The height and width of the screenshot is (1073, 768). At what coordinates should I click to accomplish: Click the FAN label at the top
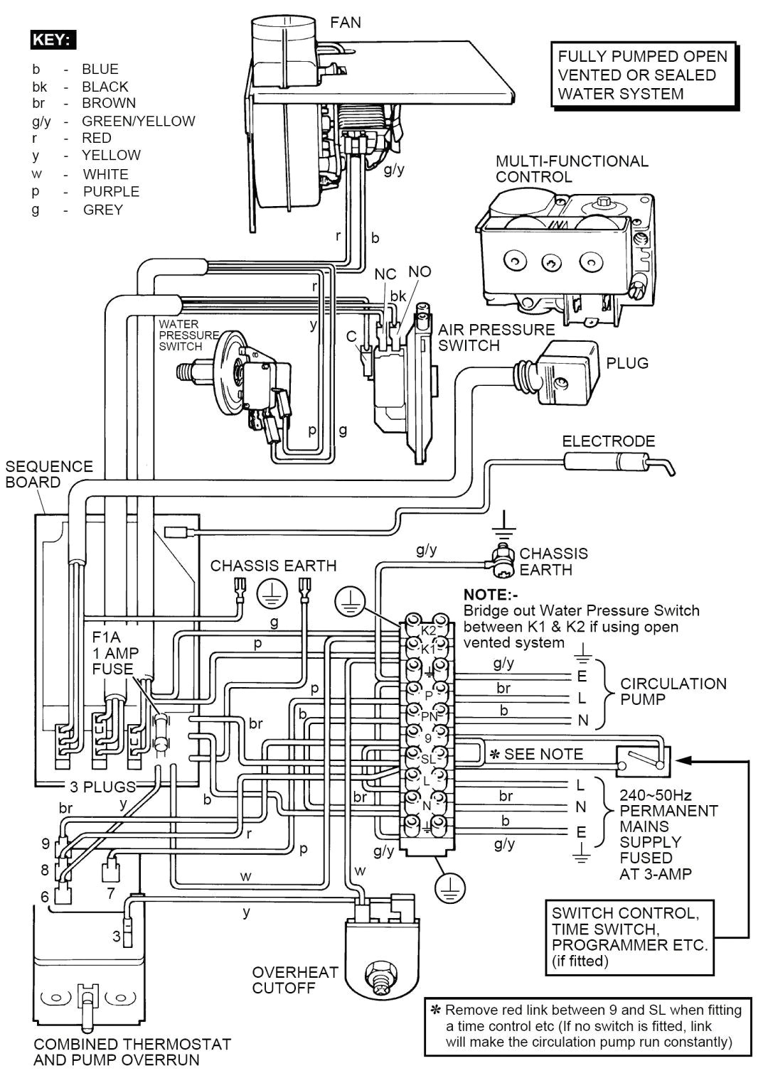coord(345,23)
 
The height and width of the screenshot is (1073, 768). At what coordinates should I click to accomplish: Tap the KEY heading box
coord(52,39)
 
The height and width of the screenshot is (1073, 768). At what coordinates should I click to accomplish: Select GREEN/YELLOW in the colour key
coord(138,121)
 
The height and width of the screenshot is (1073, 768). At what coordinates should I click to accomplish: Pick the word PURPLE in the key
coord(111,191)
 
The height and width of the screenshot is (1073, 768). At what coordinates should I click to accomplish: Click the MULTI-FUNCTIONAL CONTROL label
coord(572,168)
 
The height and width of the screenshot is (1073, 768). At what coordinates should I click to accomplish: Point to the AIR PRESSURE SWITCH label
coord(496,338)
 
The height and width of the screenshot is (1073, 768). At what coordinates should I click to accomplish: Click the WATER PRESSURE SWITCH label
coord(188,335)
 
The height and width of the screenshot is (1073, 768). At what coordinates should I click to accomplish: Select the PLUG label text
coord(627,363)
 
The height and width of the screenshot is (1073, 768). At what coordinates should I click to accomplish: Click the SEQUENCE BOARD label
coord(49,474)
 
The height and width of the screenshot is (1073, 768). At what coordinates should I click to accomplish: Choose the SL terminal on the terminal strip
coord(427,759)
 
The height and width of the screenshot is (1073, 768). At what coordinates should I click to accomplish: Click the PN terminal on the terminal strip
coord(428,716)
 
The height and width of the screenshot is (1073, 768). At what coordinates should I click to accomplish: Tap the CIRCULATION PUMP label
coord(673,691)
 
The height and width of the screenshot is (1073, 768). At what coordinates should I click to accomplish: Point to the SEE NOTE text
coord(543,754)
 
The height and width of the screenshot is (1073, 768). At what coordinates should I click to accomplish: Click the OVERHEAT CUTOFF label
coord(295,979)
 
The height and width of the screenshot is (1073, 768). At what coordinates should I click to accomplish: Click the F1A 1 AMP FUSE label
coord(115,652)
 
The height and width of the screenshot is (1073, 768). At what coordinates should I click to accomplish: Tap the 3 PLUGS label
coord(102,787)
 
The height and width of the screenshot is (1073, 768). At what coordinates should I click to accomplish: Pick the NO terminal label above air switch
coord(420,272)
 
